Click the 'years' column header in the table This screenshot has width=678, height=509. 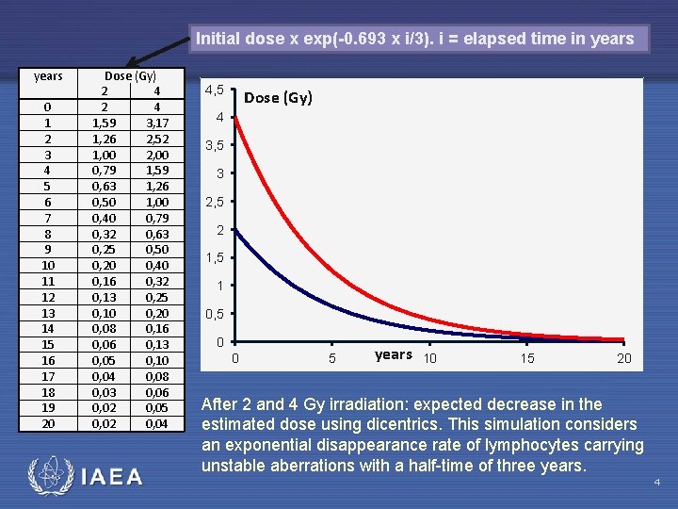point(48,75)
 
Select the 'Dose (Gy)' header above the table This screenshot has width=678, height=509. point(130,75)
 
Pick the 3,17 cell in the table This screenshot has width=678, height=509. point(156,122)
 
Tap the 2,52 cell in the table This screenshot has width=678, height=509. point(156,138)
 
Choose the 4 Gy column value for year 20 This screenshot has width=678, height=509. point(156,424)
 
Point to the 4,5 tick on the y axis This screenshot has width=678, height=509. point(214,90)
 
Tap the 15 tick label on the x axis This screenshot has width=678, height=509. point(527,358)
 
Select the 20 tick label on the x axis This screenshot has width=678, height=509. point(623,358)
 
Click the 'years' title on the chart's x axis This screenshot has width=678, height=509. point(393,355)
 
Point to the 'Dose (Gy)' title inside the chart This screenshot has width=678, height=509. point(278,98)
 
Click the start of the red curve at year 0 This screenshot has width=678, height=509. point(235,119)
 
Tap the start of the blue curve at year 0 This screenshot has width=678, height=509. point(235,230)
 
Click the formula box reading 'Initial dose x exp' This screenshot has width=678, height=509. point(415,39)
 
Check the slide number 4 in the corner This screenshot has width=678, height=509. point(657,484)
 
